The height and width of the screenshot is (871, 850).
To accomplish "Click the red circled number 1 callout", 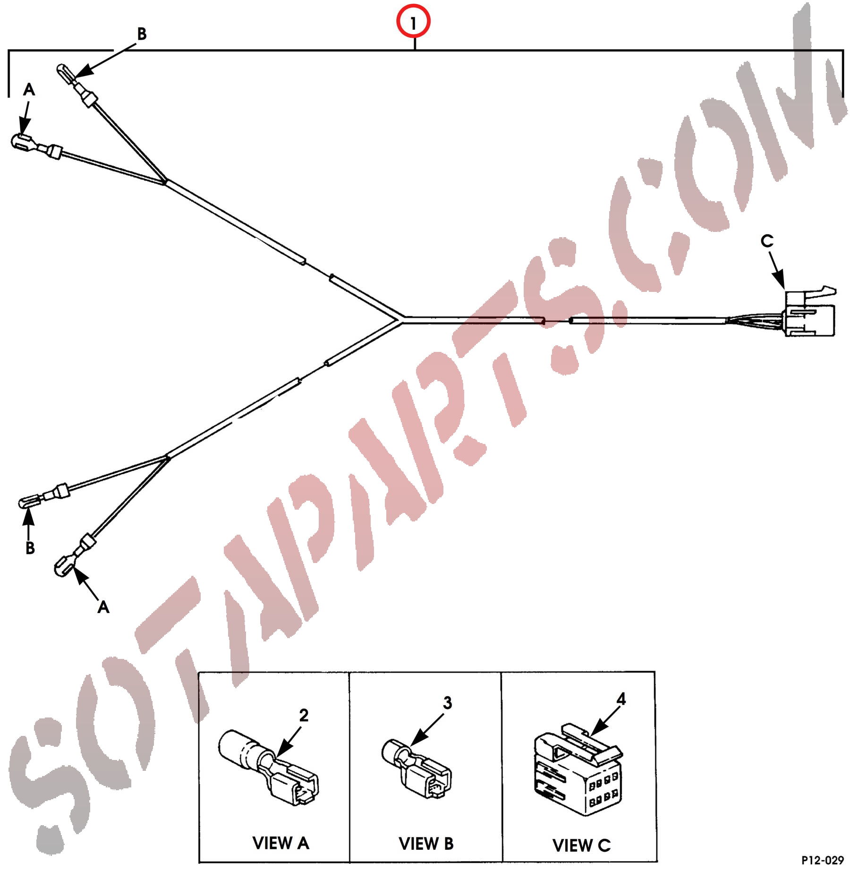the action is tap(413, 22).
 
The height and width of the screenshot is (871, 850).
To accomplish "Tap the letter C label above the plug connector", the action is tap(767, 241).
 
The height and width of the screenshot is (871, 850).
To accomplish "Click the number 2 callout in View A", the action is tap(304, 715).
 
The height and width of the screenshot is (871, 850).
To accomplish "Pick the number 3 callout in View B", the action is tap(447, 703).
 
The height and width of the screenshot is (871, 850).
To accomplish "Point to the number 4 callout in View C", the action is tap(621, 699).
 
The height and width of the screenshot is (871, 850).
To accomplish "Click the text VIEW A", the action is tap(280, 843).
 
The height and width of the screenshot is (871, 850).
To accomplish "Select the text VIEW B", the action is tap(426, 844).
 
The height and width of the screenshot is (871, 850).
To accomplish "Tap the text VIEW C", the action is tap(581, 845).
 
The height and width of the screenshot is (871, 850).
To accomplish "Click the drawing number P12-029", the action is tap(823, 860).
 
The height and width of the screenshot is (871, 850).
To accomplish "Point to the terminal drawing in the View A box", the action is tap(268, 768).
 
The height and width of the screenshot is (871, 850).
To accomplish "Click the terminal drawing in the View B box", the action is tap(416, 768).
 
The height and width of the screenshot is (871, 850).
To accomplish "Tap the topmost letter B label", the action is tap(142, 34).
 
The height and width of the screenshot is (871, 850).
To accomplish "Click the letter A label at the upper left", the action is tap(29, 89).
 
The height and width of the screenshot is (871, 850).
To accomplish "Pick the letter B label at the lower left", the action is tap(30, 548).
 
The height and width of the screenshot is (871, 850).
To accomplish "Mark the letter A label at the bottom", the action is tap(103, 607).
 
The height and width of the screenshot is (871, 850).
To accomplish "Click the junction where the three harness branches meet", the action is tap(402, 320).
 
